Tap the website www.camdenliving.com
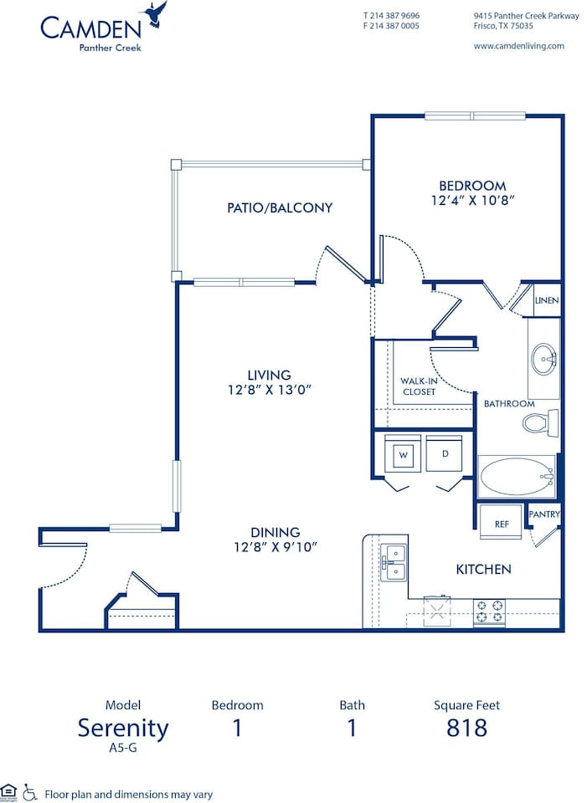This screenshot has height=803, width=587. (x=518, y=46)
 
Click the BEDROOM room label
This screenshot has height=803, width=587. (x=472, y=186)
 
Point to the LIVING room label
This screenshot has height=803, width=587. (x=269, y=375)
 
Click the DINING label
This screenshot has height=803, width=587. (x=275, y=532)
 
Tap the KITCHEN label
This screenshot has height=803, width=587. (x=483, y=569)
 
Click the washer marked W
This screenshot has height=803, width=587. (x=403, y=455)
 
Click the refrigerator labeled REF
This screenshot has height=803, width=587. (x=502, y=524)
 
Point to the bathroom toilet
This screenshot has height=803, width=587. (x=540, y=422)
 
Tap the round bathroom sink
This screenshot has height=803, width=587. (x=543, y=360)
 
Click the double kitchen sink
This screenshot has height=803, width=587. (x=393, y=563)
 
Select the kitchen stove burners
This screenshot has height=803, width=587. (x=490, y=612)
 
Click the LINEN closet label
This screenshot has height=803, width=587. (x=547, y=300)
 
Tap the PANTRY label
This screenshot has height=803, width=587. (x=544, y=514)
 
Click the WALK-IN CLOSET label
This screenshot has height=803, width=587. (x=419, y=386)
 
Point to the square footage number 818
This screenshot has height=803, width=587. (x=466, y=728)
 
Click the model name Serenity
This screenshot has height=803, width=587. (x=123, y=728)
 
